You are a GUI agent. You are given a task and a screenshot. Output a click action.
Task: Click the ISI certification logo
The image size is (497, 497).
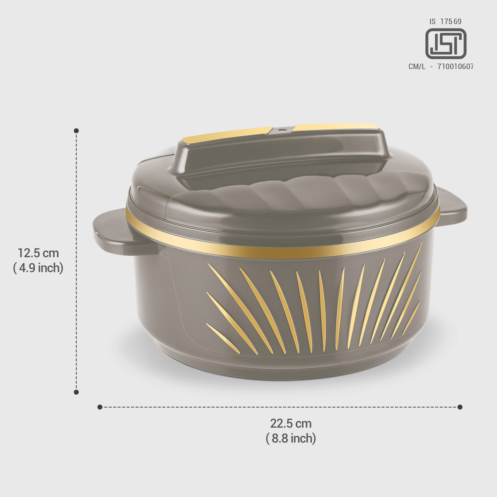446,43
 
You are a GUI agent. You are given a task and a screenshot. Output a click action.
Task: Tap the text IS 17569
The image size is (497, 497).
445,22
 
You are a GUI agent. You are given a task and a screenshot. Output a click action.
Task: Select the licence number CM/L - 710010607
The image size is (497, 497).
441,67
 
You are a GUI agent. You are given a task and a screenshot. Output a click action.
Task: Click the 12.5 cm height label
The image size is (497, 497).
38,253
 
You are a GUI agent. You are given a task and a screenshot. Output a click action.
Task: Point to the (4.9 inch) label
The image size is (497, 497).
38,268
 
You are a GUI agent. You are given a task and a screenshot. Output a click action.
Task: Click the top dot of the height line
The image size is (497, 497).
76,131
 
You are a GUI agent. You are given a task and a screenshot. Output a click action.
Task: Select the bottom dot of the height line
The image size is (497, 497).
76,392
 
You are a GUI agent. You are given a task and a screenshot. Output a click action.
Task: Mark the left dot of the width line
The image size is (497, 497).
100,407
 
